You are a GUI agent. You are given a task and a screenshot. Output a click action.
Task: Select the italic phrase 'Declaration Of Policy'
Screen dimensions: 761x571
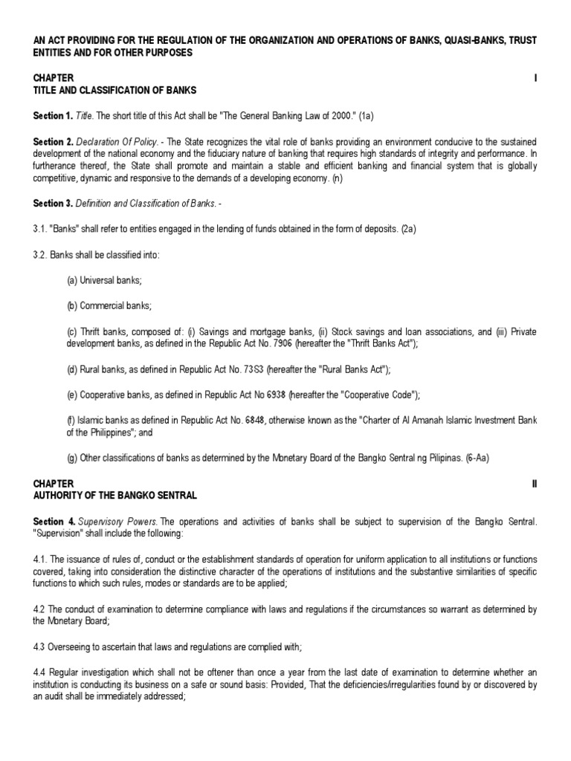tap(117, 142)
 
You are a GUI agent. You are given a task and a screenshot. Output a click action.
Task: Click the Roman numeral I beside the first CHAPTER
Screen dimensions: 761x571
tap(535, 78)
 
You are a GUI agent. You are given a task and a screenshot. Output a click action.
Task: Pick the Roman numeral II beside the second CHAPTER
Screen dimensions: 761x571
tap(534, 483)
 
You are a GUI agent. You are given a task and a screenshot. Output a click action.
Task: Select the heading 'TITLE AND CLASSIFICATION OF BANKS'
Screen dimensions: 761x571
tap(115, 91)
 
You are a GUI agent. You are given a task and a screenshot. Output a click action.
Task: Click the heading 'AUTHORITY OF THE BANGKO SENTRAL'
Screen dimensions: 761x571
tap(115, 496)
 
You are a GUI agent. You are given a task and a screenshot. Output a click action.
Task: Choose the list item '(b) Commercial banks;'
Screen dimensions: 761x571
tap(109, 305)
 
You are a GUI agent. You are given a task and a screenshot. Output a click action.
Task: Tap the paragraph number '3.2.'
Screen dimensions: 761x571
tap(42, 255)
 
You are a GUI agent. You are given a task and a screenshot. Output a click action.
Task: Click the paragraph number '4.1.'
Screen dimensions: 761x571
tap(42, 559)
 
